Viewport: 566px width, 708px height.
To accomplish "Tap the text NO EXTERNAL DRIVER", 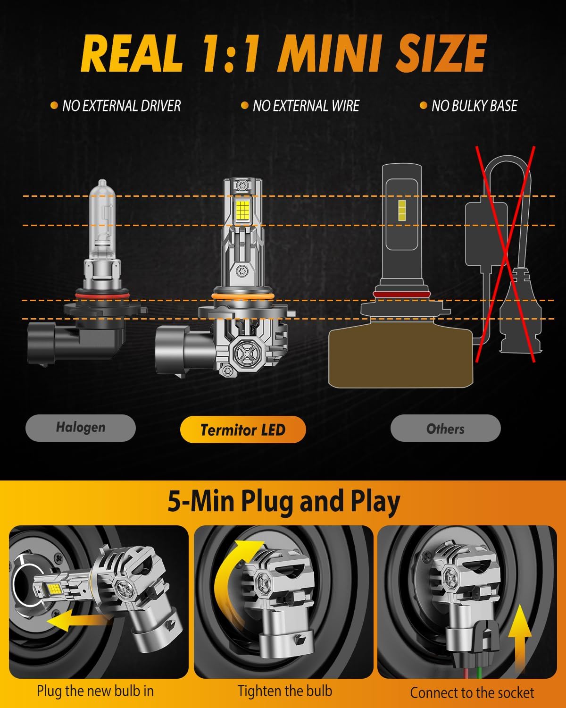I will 121,106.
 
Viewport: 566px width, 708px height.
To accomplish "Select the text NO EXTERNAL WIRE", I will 306,106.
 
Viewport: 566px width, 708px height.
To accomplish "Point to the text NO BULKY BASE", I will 474,106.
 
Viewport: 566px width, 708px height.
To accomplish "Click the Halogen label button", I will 81,428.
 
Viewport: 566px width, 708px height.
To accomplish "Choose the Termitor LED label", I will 243,430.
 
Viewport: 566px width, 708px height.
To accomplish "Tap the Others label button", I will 445,429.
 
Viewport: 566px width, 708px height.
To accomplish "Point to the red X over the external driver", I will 505,255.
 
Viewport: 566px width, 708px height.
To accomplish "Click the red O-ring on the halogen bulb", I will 102,295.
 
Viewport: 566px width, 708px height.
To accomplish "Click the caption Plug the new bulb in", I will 95,691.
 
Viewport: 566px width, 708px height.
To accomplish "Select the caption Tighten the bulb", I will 285,691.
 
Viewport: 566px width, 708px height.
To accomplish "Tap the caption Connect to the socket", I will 472,693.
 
